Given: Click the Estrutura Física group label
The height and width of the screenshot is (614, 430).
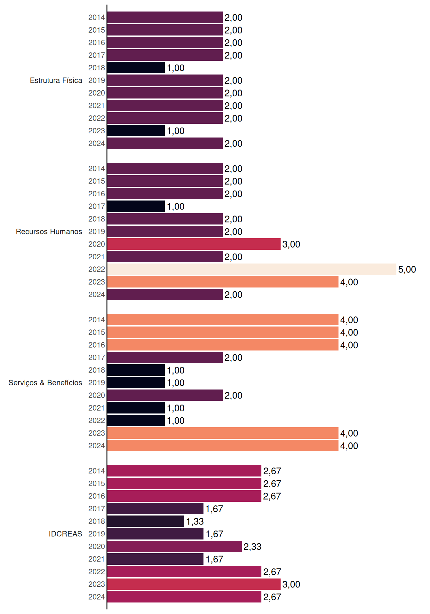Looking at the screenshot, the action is click(x=56, y=80).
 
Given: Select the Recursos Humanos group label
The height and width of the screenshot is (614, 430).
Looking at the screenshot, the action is click(x=49, y=232).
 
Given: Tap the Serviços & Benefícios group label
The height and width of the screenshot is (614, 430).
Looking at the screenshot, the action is click(x=45, y=383).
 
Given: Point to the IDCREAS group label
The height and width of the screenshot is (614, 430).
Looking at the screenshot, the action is click(x=65, y=534).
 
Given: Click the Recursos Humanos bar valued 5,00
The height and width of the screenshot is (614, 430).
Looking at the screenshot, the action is click(x=251, y=269).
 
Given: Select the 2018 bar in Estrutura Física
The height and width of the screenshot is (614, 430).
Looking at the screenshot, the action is click(x=136, y=68).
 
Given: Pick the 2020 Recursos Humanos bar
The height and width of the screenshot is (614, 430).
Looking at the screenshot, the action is click(x=194, y=244).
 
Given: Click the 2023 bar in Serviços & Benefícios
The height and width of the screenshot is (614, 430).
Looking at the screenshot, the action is click(x=223, y=433).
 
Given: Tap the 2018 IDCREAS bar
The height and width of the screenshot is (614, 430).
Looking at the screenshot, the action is click(x=146, y=521).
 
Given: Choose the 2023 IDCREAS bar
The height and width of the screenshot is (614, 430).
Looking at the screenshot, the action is click(x=194, y=584).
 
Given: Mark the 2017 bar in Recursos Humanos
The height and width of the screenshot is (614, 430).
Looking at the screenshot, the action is click(x=136, y=206).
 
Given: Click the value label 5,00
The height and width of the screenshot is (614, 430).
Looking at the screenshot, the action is click(x=407, y=270).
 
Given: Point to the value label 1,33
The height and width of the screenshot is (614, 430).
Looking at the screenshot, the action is click(x=195, y=522).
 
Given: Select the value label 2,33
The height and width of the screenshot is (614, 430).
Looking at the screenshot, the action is click(x=252, y=547).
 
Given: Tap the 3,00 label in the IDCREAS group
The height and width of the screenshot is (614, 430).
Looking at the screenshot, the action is click(x=291, y=585).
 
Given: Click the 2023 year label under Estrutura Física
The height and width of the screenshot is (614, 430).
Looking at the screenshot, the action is click(x=97, y=131).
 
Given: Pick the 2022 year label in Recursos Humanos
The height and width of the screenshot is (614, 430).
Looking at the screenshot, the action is click(x=97, y=269).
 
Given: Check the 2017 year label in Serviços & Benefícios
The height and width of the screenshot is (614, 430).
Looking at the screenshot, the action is click(x=97, y=358).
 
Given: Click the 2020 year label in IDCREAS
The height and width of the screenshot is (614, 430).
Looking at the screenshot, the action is click(x=97, y=547).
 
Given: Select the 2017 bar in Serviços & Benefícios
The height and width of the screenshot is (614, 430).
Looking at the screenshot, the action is click(x=165, y=358).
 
